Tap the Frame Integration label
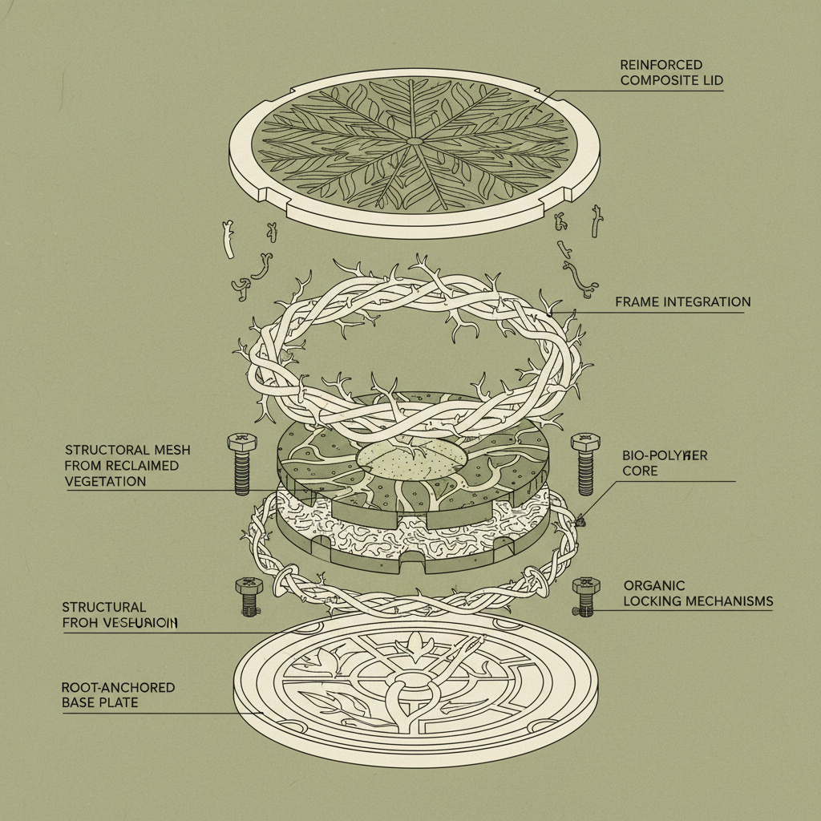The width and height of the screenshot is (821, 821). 682,302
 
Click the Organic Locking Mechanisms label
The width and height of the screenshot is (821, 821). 698,592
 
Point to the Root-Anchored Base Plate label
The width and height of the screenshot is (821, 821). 118,695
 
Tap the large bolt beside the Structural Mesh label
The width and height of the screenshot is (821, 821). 240,463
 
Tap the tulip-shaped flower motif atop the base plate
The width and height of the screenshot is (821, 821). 415,641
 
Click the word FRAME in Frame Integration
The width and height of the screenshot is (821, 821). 637,302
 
